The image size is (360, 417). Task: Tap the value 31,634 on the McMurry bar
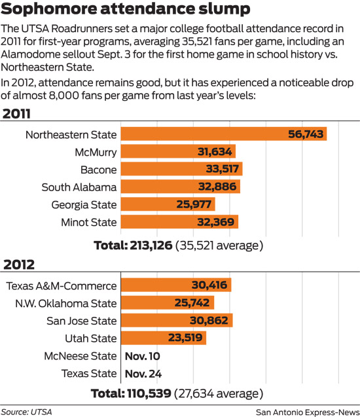pos(213,152)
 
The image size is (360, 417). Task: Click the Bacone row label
pos(98,170)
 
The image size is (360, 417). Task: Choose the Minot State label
pos(85,222)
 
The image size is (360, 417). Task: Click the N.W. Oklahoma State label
pos(65,303)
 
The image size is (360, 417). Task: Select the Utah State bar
pos(164,338)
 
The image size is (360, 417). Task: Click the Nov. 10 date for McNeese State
pos(142,356)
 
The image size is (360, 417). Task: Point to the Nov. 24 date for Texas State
pos(142,374)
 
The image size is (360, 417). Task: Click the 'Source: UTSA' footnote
pos(27,411)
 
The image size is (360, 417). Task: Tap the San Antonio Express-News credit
pos(305,411)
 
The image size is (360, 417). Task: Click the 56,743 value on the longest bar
pos(306,134)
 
